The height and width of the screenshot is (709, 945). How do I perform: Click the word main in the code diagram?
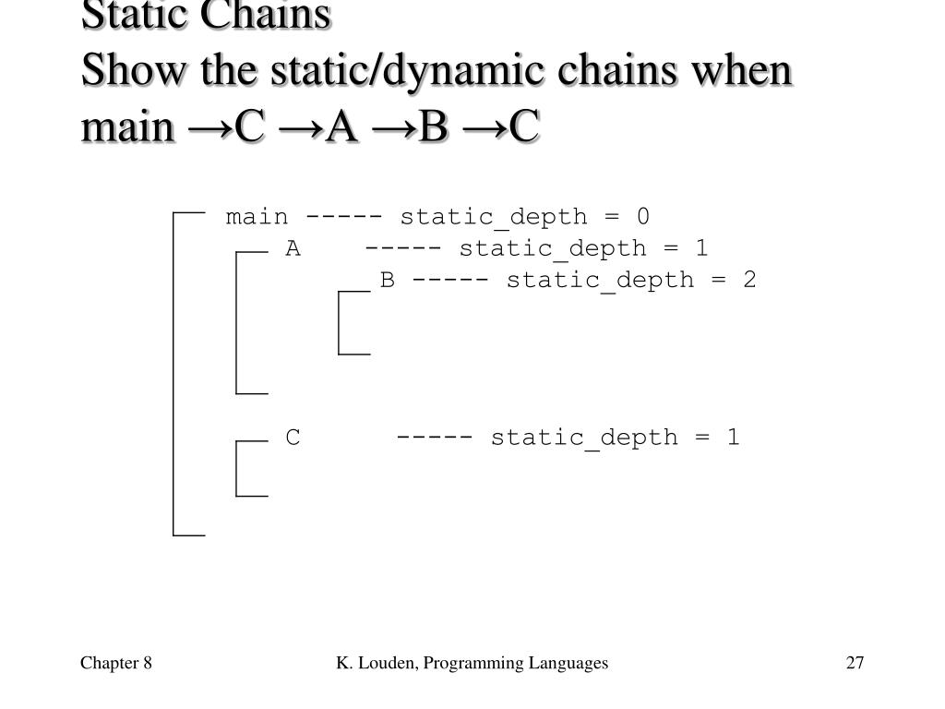257,217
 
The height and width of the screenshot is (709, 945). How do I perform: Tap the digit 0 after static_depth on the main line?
642,217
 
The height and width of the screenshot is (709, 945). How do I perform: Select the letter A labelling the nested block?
293,248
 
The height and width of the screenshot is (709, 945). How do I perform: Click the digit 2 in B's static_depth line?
749,280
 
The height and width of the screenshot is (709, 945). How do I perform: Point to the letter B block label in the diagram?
388,280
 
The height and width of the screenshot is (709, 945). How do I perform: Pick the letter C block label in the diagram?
293,437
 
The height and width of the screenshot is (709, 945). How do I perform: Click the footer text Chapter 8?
115,663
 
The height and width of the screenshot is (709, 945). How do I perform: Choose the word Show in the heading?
116,72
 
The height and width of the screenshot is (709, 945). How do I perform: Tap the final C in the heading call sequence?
524,128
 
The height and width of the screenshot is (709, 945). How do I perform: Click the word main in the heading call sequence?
126,128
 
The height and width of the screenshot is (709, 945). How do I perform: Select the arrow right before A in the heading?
298,128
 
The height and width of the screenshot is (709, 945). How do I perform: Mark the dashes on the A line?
403,248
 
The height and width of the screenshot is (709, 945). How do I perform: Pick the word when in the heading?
744,72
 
